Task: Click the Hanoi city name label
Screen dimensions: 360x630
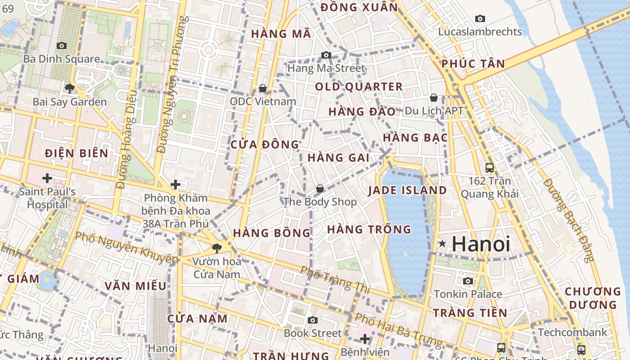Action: coord(481,244)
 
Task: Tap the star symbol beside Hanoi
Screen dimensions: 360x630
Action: coord(443,244)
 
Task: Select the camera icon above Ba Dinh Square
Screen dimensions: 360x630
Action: coord(62,45)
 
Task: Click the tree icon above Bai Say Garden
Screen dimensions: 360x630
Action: coord(69,88)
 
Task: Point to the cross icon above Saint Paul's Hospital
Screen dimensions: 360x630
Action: coord(47,178)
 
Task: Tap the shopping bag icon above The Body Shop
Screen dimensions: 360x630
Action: coord(319,189)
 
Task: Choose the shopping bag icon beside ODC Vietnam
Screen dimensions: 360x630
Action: coord(263,88)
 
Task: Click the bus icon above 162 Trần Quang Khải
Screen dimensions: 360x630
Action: coord(490,168)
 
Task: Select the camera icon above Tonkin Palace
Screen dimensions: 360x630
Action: coord(468,281)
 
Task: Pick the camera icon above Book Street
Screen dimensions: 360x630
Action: coord(313,320)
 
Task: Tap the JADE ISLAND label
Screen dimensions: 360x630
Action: coord(407,190)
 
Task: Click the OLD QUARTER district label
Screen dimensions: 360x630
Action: coord(359,87)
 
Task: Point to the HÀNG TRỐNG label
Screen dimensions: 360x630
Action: coord(369,229)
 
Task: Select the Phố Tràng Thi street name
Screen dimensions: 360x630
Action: coord(335,279)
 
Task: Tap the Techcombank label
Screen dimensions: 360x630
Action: coord(572,333)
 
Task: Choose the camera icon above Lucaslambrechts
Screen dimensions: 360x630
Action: coord(480,18)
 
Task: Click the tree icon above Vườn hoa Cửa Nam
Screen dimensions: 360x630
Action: coord(217,248)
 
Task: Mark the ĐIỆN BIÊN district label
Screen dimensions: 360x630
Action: coord(76,153)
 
